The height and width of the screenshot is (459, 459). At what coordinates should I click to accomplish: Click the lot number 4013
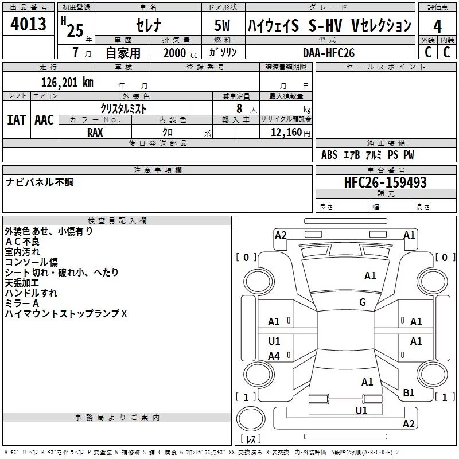point(28,24)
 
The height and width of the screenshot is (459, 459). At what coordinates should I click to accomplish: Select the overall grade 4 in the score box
point(437,26)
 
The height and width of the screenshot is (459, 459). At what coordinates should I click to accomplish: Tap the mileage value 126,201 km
point(67,83)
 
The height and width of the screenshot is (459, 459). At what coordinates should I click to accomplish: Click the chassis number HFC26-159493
point(385,182)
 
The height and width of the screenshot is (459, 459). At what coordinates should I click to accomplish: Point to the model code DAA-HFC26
point(329,53)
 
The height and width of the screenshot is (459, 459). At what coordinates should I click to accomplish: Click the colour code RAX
point(95,133)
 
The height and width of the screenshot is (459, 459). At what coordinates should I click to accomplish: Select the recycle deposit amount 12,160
point(286,133)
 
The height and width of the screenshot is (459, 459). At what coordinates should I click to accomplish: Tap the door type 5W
point(222,25)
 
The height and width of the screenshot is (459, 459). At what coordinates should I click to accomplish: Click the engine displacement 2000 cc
point(180,53)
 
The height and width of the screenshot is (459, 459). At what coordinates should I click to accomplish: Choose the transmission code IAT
point(16,120)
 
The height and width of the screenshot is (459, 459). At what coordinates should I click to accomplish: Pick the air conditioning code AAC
point(44,120)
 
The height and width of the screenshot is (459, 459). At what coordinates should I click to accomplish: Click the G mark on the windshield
point(363,302)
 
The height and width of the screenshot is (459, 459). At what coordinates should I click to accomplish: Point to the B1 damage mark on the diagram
point(409,392)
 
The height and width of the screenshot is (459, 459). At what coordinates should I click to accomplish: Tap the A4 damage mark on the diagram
point(274,356)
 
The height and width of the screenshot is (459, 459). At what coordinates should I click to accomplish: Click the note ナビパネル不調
point(40,182)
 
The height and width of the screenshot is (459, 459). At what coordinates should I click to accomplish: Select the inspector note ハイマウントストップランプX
point(66,313)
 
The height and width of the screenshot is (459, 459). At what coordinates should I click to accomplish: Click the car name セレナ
point(149,25)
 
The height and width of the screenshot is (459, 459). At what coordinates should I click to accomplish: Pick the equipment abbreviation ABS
point(329,154)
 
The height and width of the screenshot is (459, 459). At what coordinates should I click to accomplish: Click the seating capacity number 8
point(239,108)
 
